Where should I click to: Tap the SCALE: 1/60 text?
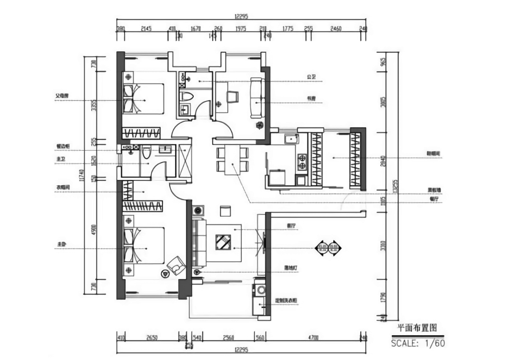click(x=418, y=343)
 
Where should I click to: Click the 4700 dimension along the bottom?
click(x=314, y=337)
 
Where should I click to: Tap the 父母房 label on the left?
click(x=62, y=95)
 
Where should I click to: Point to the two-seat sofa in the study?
click(x=256, y=98)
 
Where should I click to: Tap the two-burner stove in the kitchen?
click(x=302, y=162)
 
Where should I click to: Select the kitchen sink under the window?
click(x=291, y=139)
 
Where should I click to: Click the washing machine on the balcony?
click(x=260, y=290)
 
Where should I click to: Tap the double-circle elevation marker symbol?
click(x=328, y=247)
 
